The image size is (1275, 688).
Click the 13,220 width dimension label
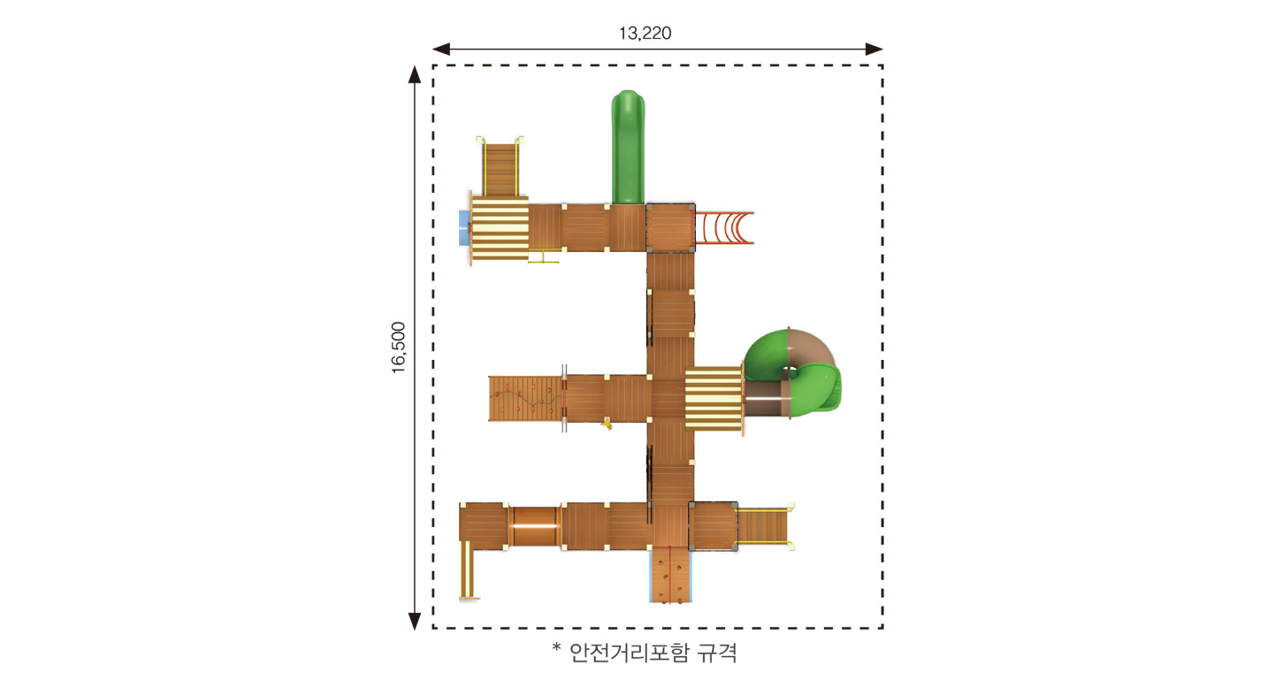coord(645,34)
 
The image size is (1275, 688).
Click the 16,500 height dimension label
coord(399,348)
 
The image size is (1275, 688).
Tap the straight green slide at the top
coord(628,147)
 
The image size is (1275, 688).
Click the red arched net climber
coord(724,227)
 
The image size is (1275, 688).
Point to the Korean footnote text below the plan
coord(645,652)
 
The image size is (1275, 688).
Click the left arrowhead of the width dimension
coord(441,49)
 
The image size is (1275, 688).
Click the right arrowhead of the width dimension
coord(874,49)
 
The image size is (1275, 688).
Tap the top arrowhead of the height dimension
coord(415,74)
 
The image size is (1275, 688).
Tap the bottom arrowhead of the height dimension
coord(415,621)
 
